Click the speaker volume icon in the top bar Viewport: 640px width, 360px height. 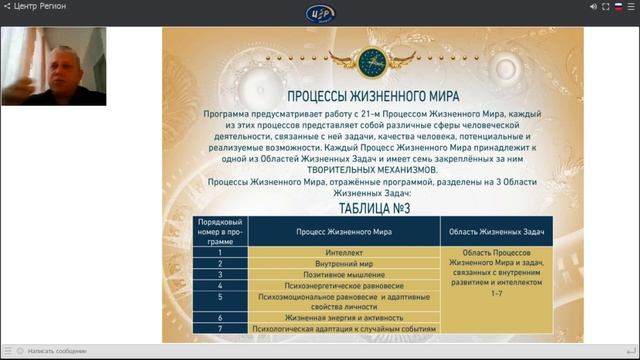593,6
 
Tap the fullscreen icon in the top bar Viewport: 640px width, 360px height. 607,6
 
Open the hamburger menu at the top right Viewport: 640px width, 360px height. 632,6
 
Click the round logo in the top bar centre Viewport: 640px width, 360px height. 319,12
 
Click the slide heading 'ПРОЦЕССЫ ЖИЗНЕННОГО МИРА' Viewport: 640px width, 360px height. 359,98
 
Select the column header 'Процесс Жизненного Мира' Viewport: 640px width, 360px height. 344,230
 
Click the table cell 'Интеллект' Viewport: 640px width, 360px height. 344,253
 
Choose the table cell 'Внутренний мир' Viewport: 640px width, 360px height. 344,263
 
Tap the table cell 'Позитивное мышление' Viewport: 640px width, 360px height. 344,274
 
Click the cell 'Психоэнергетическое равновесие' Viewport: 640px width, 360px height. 344,285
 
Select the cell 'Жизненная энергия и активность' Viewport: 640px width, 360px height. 344,317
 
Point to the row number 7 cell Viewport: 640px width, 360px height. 218,328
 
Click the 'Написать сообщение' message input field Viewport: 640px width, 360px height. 60,351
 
